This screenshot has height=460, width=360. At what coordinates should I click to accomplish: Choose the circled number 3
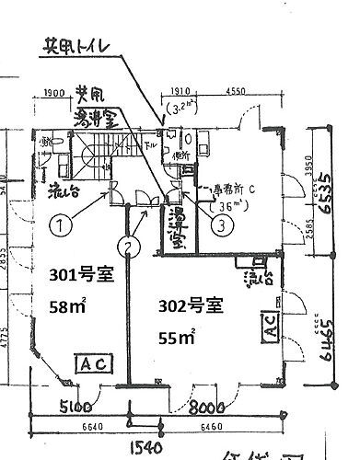[221, 221]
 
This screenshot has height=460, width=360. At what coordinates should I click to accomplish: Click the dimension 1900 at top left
[52, 93]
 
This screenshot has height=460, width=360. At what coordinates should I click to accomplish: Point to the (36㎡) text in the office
[224, 205]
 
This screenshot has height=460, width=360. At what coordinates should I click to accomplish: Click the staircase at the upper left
[87, 147]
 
